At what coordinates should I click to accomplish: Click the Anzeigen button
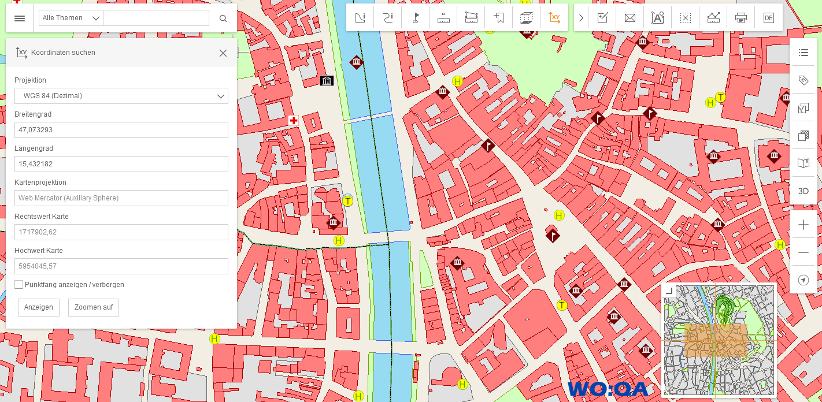pos(39,307)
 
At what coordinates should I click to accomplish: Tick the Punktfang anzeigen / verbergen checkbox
pos(19,285)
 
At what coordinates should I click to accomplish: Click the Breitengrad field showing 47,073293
pos(121,130)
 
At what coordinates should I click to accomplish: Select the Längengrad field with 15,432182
pos(121,164)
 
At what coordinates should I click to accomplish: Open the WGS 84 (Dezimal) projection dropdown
pos(121,96)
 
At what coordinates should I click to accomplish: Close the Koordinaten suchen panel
pos(223,53)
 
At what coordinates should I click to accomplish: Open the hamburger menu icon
pos(20,18)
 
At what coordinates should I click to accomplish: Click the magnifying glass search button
pos(223,18)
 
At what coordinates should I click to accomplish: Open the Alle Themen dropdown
pos(71,18)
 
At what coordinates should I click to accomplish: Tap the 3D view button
pos(803,191)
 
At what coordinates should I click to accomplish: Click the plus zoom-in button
pos(803,225)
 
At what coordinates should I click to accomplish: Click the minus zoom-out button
pos(803,252)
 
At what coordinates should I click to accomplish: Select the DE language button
pos(768,18)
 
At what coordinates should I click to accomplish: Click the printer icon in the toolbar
pos(741,18)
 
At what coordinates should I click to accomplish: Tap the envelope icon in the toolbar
pos(630,18)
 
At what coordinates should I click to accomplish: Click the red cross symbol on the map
pos(294,120)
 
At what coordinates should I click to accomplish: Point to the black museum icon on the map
pos(327,80)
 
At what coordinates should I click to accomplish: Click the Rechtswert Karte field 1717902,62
pos(121,232)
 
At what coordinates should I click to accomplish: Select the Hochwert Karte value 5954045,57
pos(121,266)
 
